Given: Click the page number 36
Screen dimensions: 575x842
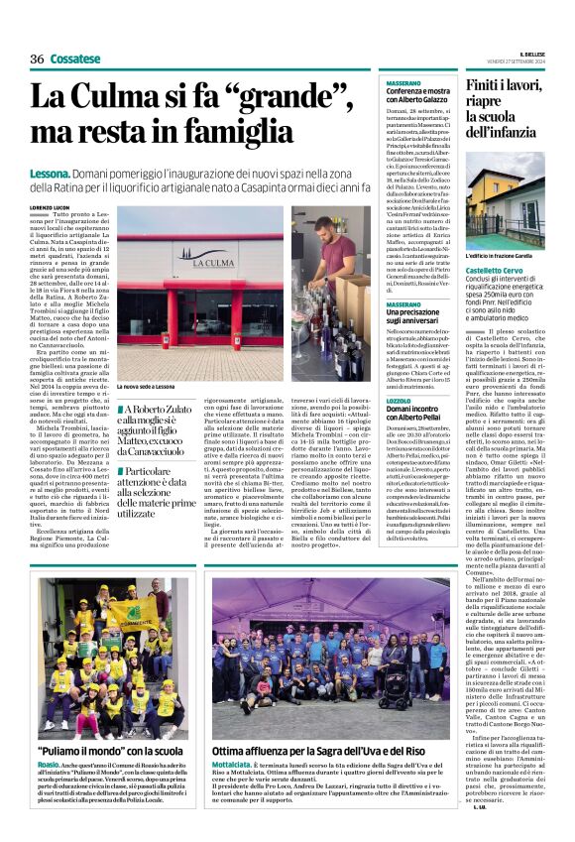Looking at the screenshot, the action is click(x=38, y=59).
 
